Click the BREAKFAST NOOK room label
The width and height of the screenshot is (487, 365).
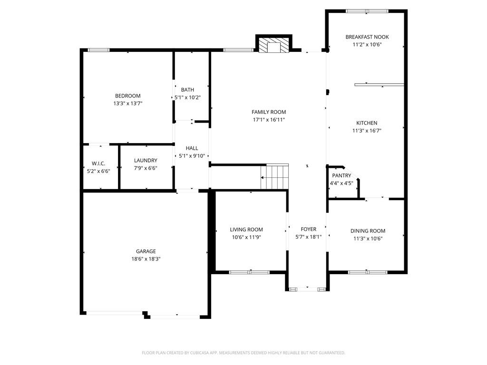(x=367, y=37)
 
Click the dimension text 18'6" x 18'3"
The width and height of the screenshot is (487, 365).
(x=146, y=259)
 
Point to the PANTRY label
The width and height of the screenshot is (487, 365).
(x=341, y=176)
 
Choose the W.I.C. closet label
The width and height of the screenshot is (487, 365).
(x=98, y=163)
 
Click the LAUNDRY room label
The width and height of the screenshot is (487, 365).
(x=146, y=161)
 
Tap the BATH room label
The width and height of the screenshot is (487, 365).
(x=187, y=90)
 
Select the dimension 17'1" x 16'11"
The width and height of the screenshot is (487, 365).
(x=269, y=120)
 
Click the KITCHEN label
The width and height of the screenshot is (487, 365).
(x=367, y=123)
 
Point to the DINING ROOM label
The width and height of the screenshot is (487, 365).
(x=368, y=231)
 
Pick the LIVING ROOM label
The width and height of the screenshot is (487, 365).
(x=246, y=230)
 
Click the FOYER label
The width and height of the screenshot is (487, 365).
(x=308, y=229)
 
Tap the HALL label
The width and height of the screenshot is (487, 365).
(x=192, y=148)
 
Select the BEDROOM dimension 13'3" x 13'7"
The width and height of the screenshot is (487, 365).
(x=128, y=103)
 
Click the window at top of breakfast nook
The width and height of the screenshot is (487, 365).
(x=367, y=11)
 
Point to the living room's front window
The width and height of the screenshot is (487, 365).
(x=249, y=272)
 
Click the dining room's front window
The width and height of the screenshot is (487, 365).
(x=368, y=272)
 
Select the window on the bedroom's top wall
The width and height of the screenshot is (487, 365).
(x=98, y=50)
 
